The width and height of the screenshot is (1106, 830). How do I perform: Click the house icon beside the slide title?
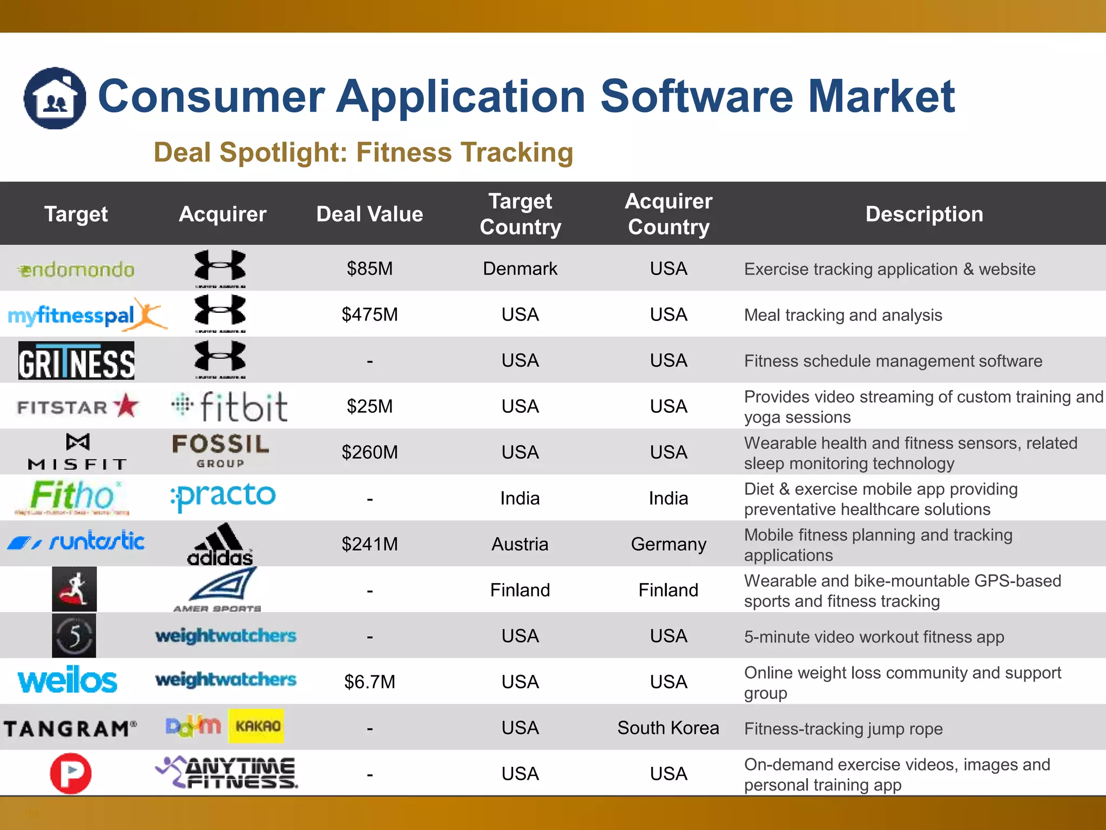(x=55, y=98)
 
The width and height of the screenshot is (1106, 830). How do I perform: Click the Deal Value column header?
(x=369, y=214)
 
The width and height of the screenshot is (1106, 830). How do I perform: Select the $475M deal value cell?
(x=369, y=314)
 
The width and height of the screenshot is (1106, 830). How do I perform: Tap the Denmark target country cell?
(x=520, y=269)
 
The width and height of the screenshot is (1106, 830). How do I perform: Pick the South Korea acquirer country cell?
(x=668, y=728)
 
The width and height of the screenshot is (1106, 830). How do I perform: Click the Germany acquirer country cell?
(x=668, y=544)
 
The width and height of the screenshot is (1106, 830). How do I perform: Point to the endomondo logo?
(x=76, y=269)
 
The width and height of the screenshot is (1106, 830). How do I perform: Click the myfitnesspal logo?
(x=86, y=314)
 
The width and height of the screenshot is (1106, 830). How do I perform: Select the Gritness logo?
(x=76, y=360)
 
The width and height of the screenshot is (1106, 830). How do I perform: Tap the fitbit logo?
(x=230, y=406)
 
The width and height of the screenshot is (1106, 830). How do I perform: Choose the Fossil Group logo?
(x=220, y=451)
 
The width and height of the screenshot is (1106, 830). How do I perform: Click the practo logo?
(x=222, y=496)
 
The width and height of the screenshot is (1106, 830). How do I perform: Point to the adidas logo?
(x=220, y=545)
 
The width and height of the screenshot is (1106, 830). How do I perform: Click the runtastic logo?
(x=76, y=541)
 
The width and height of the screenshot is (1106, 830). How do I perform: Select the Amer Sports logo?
(x=219, y=590)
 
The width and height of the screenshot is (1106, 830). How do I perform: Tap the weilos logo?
(x=68, y=681)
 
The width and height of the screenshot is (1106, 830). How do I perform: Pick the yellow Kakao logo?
(x=257, y=726)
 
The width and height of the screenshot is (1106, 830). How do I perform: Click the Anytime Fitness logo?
(x=227, y=773)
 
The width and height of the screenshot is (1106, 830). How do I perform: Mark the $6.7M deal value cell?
(x=369, y=682)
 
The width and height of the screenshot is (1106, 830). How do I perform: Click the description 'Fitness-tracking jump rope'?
(x=843, y=729)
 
